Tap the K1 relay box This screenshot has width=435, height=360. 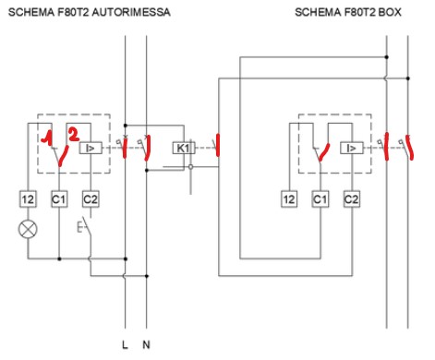coord(182,148)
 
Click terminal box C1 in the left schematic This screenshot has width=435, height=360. coord(59,198)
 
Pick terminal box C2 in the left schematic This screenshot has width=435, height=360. coord(90,198)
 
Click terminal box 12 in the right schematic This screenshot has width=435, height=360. coord(289,198)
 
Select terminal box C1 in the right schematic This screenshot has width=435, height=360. coord(320,198)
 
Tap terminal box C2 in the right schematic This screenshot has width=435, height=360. coord(351,198)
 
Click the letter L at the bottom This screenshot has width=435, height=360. coord(125,346)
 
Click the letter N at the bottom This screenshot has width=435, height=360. coord(146,346)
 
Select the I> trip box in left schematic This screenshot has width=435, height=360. coord(91,148)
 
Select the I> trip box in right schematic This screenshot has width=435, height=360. coord(351,148)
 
